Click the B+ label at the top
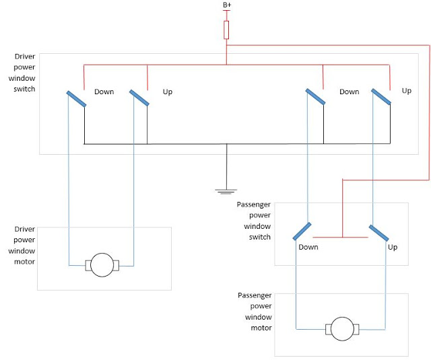coord(227,5)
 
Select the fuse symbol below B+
coord(227,30)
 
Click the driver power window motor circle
coord(102,264)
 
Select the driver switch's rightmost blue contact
coord(381,98)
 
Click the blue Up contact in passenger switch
coord(379,232)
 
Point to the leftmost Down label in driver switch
coord(104,92)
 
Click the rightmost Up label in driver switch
coord(406,90)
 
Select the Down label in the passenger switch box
coord(308,247)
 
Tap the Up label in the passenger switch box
coord(393,247)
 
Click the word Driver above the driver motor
coord(25,229)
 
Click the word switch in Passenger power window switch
coord(259,237)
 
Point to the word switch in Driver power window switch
coord(24,89)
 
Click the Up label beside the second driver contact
coord(168,92)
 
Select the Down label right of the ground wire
coord(349,92)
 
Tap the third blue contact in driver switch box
coord(315,97)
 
